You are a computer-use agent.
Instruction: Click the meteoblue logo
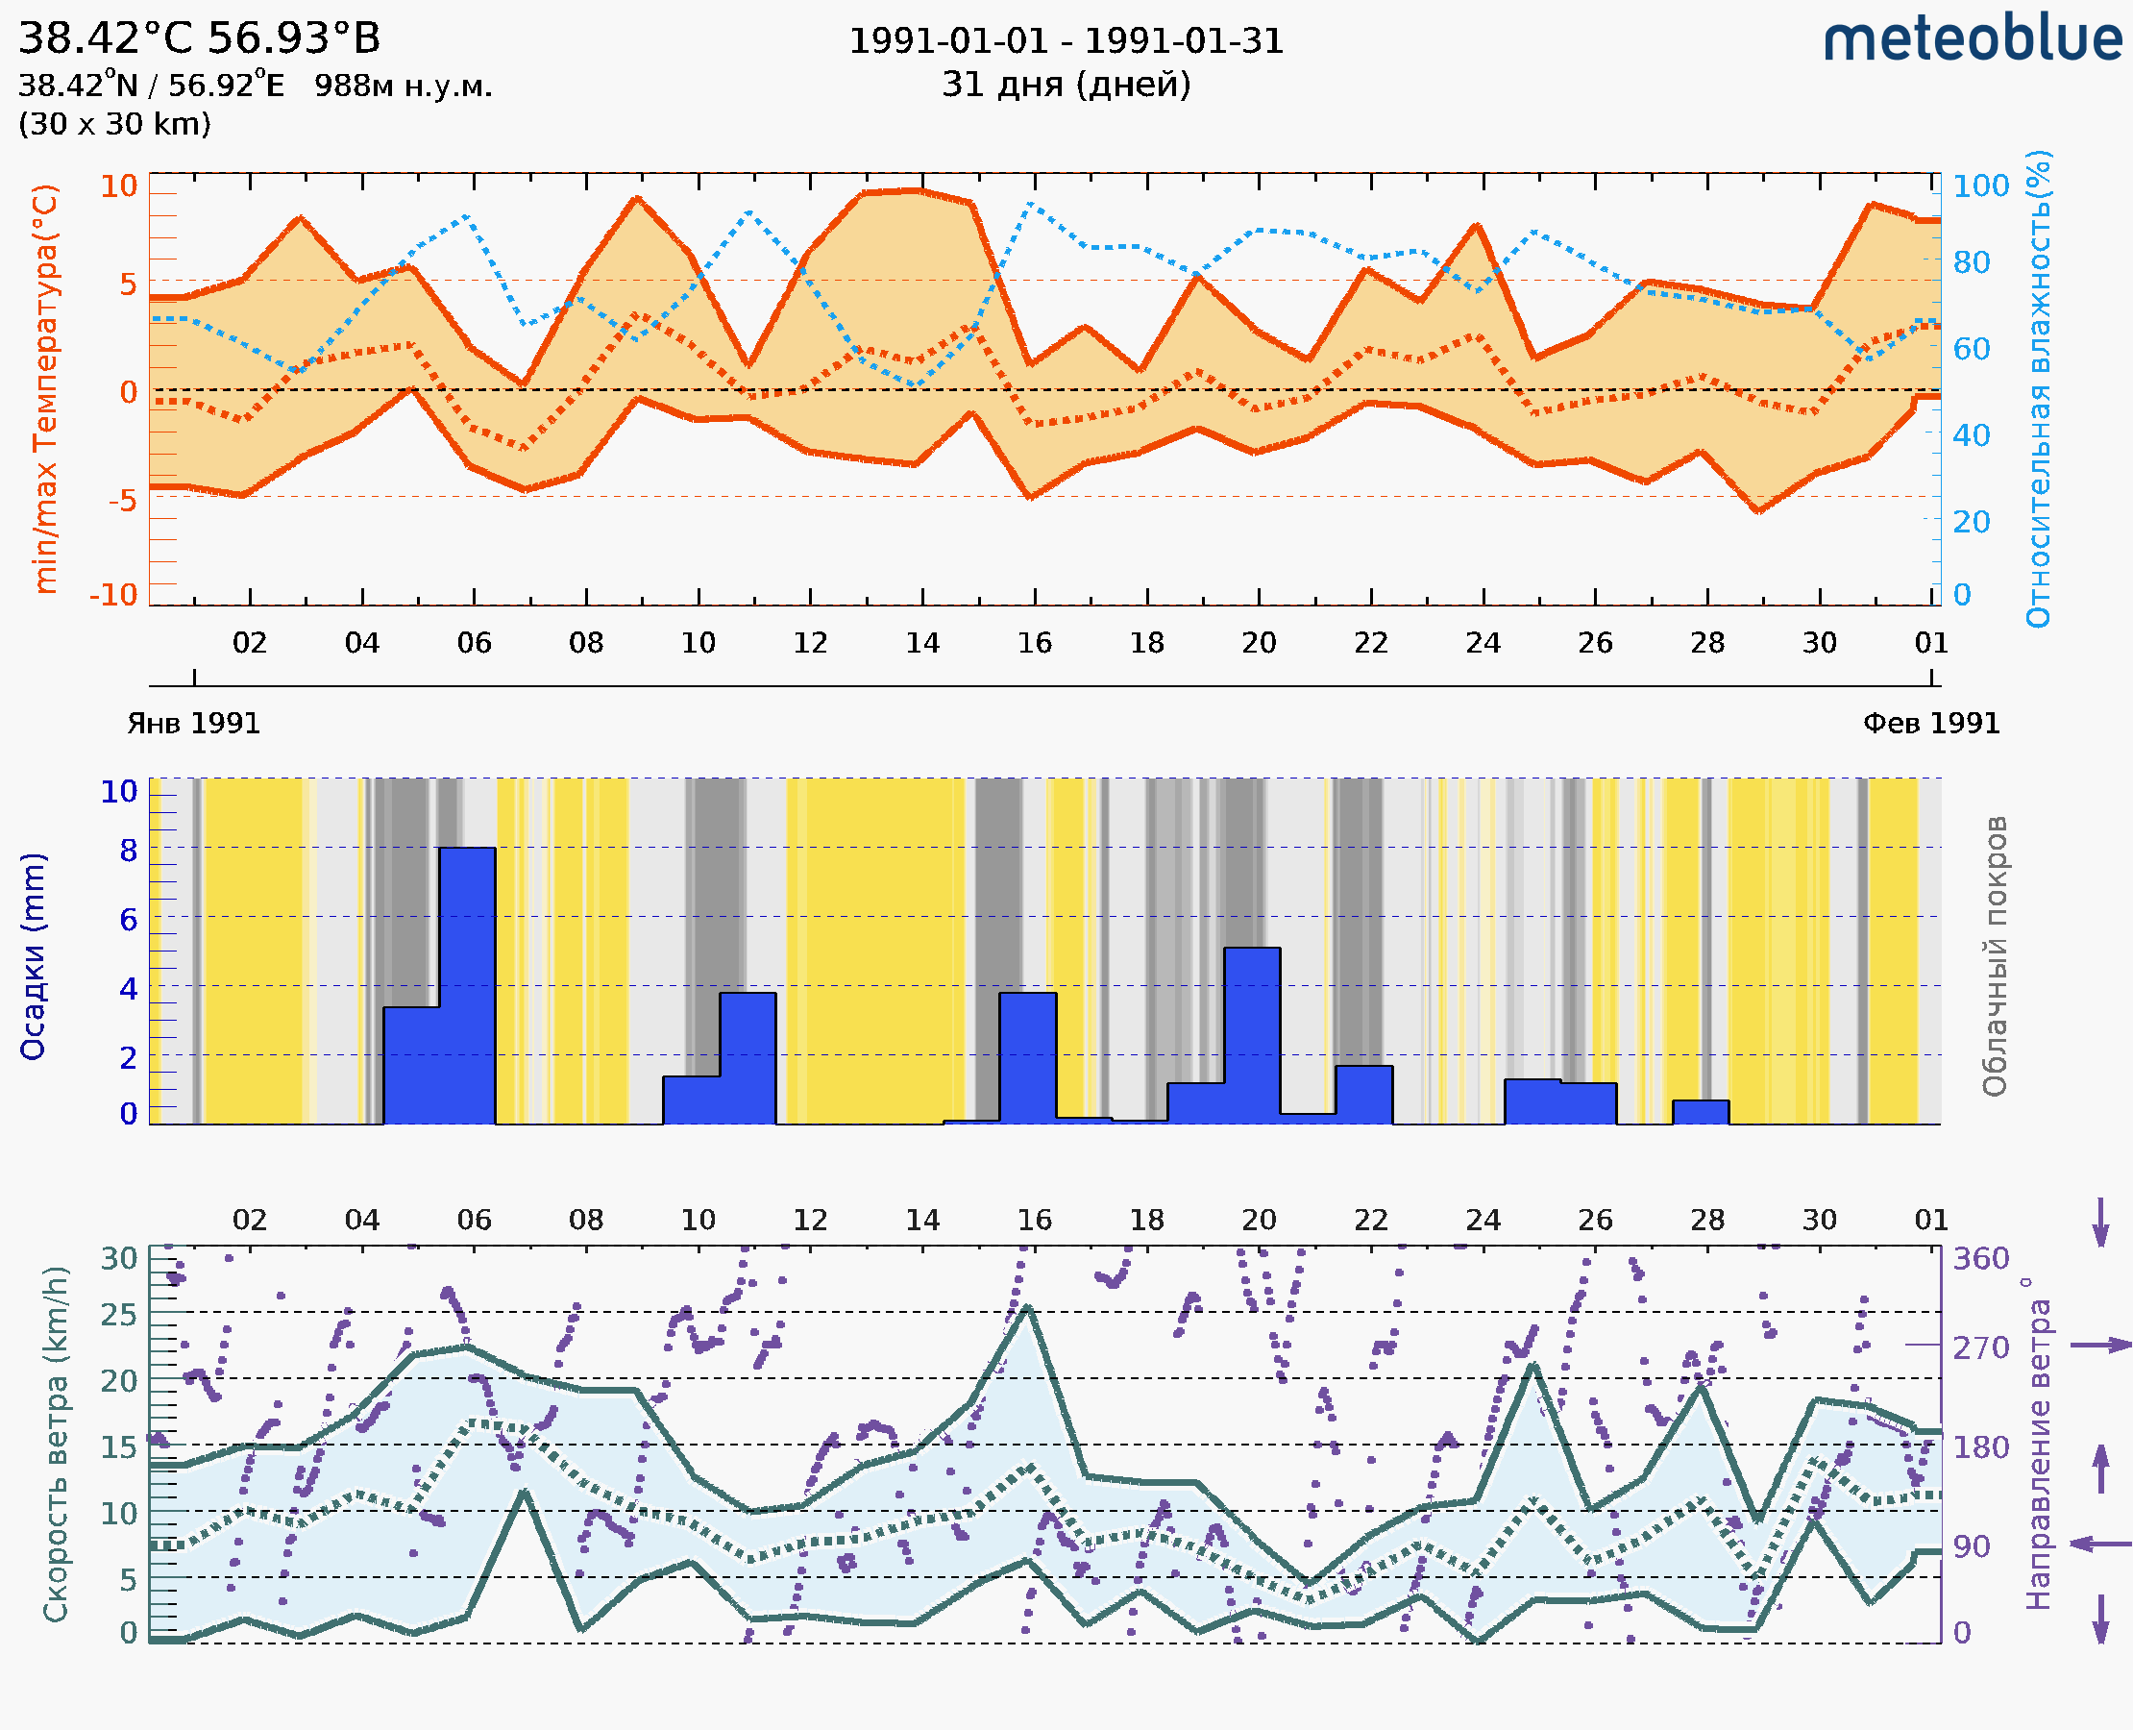click(x=1972, y=39)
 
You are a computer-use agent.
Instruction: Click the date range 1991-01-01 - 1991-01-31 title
click(x=1066, y=41)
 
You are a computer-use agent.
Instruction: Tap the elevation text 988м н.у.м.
click(x=403, y=86)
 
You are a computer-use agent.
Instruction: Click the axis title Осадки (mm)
click(x=33, y=956)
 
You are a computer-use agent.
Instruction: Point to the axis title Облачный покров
click(x=1995, y=956)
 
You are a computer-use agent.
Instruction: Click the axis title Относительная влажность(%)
click(x=2038, y=388)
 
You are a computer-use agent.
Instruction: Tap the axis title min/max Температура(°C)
click(x=45, y=388)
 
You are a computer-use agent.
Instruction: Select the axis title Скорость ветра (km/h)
click(x=56, y=1444)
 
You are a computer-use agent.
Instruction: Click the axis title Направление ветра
click(x=2038, y=1444)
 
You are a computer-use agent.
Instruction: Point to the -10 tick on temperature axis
click(x=113, y=595)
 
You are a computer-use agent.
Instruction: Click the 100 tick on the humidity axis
click(x=1980, y=185)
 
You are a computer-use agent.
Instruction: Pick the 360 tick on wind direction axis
click(x=1980, y=1259)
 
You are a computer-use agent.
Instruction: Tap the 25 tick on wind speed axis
click(x=118, y=1315)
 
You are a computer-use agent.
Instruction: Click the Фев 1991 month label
click(x=1931, y=724)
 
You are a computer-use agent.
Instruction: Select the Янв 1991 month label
click(x=193, y=724)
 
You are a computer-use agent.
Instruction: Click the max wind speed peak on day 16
click(x=1027, y=1307)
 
